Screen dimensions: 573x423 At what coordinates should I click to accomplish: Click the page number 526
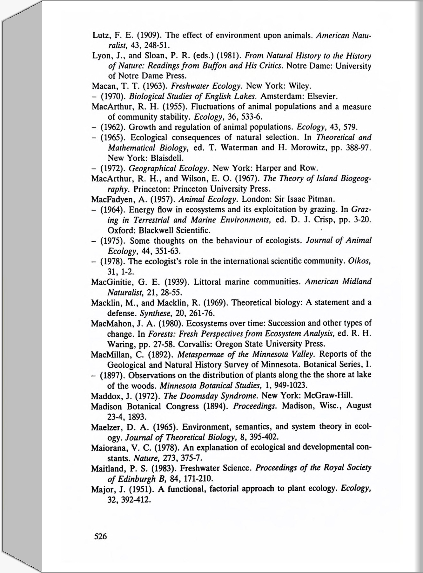(100, 537)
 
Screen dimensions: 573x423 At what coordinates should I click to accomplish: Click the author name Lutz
(101, 35)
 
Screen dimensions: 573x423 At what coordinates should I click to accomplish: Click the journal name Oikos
(359, 261)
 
